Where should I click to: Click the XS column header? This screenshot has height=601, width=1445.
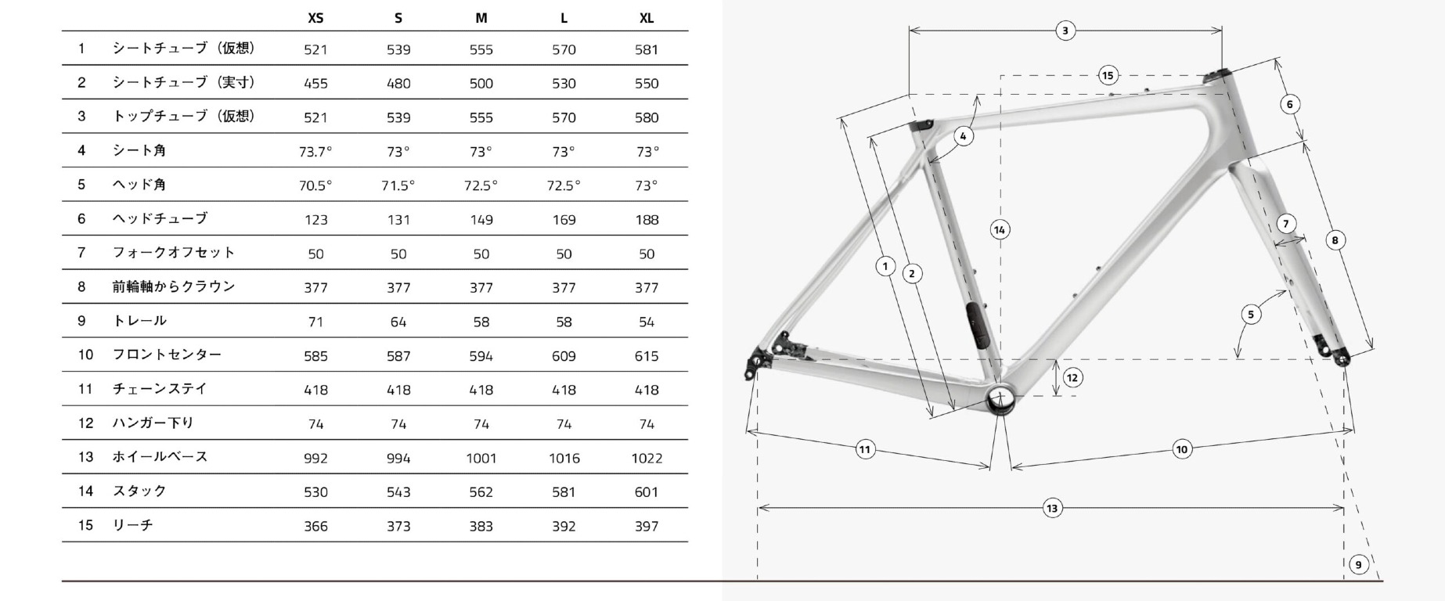pyautogui.click(x=315, y=18)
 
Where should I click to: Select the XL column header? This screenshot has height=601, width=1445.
pyautogui.click(x=647, y=18)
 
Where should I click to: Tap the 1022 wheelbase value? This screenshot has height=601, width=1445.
pyautogui.click(x=647, y=458)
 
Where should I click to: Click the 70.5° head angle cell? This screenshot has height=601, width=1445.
pyautogui.click(x=315, y=185)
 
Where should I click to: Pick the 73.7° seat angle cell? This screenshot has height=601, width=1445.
pyautogui.click(x=315, y=152)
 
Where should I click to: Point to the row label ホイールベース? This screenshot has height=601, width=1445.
pyautogui.click(x=160, y=456)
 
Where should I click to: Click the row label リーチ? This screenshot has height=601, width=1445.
pyautogui.click(x=133, y=525)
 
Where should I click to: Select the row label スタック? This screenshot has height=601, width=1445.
pyautogui.click(x=140, y=491)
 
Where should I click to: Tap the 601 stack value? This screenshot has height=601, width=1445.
pyautogui.click(x=647, y=492)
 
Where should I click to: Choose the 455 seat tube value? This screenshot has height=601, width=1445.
pyautogui.click(x=315, y=84)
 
